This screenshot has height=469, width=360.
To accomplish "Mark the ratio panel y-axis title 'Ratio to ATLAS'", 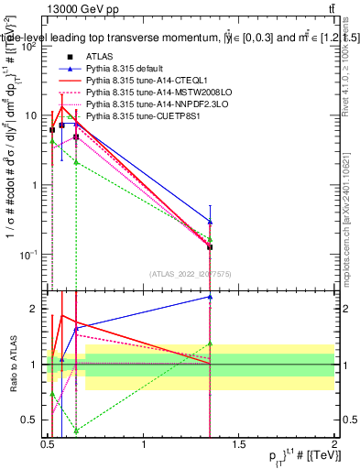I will coord(11,365).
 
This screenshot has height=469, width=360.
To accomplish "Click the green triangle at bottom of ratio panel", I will coord(76,430).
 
